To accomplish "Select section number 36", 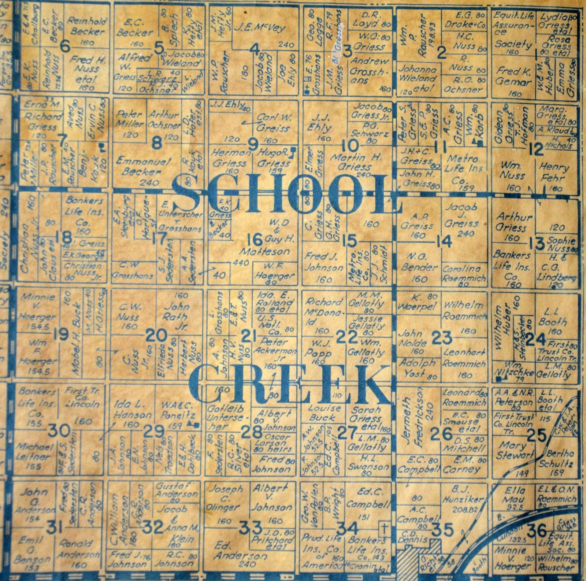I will click(x=537, y=530).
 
